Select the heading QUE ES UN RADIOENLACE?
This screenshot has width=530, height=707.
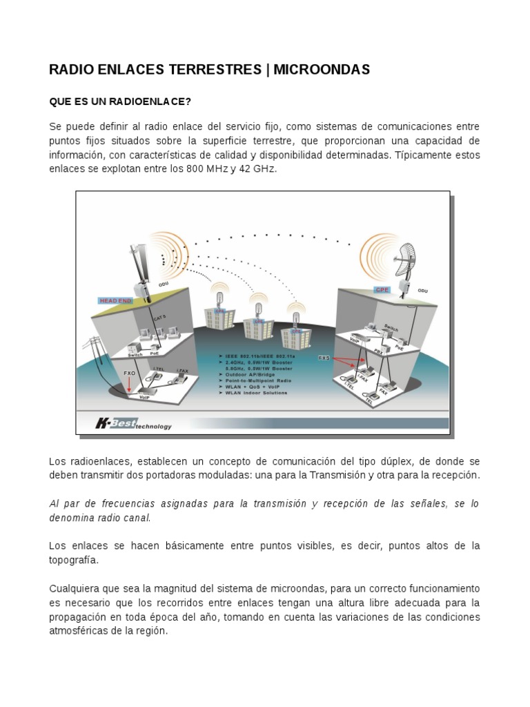(x=119, y=102)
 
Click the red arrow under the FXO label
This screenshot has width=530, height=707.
(x=128, y=385)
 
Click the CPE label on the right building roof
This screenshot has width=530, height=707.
(x=382, y=290)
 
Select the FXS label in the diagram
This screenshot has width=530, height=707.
(x=324, y=358)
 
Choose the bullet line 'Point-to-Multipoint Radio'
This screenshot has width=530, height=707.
(x=256, y=380)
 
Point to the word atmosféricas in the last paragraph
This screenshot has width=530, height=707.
(x=78, y=631)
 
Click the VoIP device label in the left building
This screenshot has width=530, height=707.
(x=145, y=398)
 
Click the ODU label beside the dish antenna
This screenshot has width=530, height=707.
(x=422, y=291)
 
